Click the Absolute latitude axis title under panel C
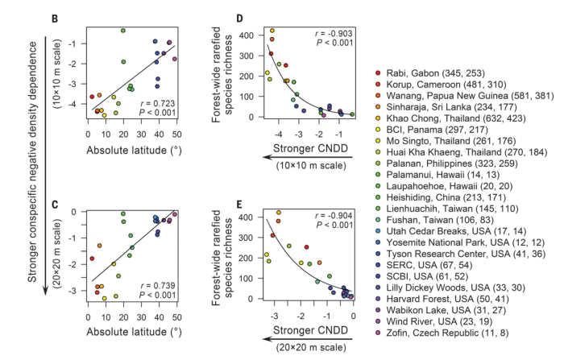click(130, 329)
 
